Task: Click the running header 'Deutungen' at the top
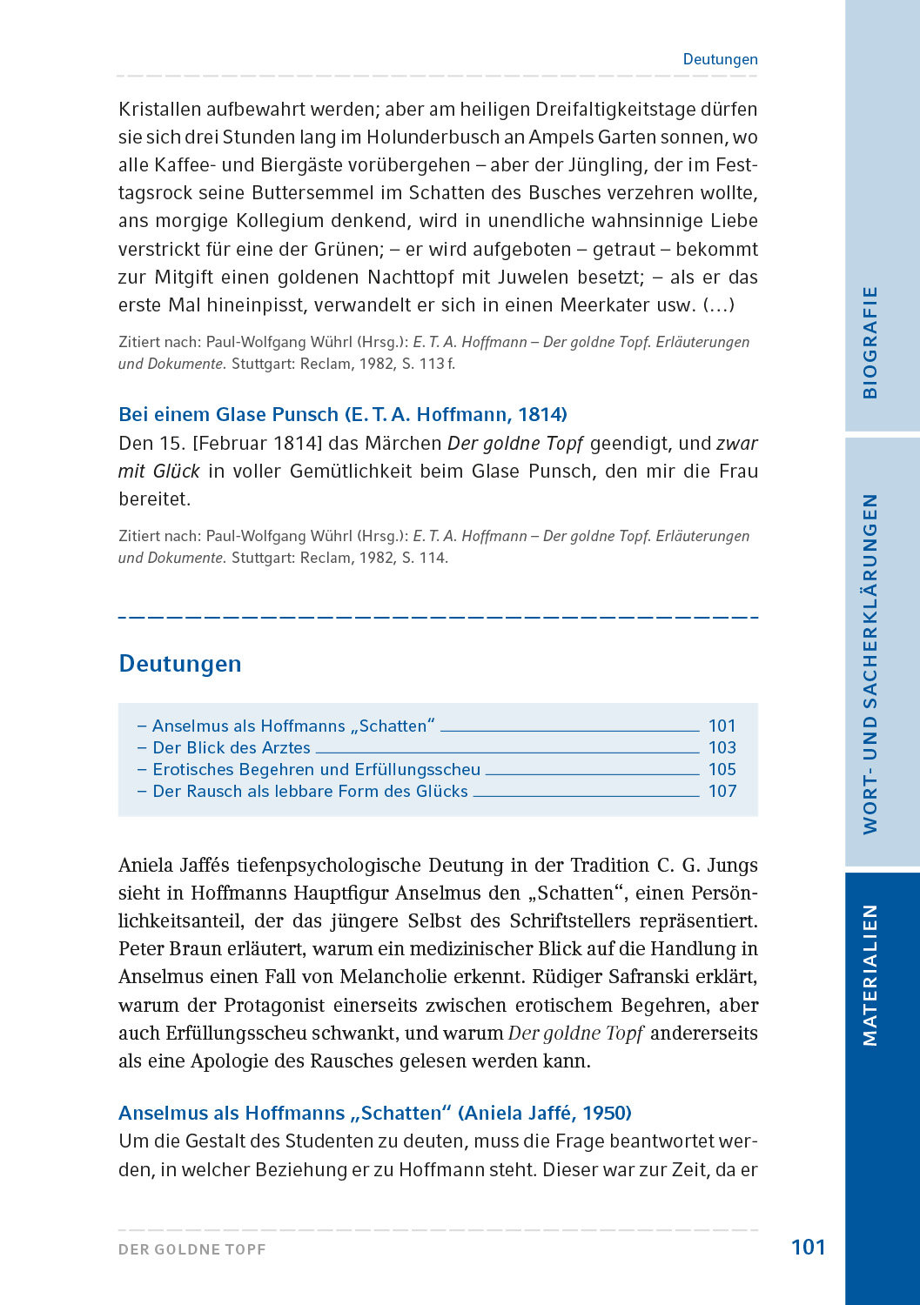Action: [720, 59]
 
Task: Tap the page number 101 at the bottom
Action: [808, 1248]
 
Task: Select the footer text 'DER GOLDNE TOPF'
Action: [192, 1249]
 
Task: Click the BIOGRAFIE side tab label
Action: [870, 342]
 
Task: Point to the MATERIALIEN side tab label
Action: [870, 974]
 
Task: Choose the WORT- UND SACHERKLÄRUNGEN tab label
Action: [870, 664]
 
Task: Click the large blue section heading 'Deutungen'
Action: [180, 664]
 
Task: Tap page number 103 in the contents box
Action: [722, 747]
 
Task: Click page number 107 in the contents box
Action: [722, 791]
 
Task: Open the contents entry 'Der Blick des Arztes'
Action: [231, 747]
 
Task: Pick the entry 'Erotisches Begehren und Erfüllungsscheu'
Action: [316, 769]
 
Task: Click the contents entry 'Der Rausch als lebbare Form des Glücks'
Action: [310, 791]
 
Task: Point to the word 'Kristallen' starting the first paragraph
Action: [159, 110]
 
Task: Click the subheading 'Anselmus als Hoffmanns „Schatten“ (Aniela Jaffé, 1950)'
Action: [375, 1113]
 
